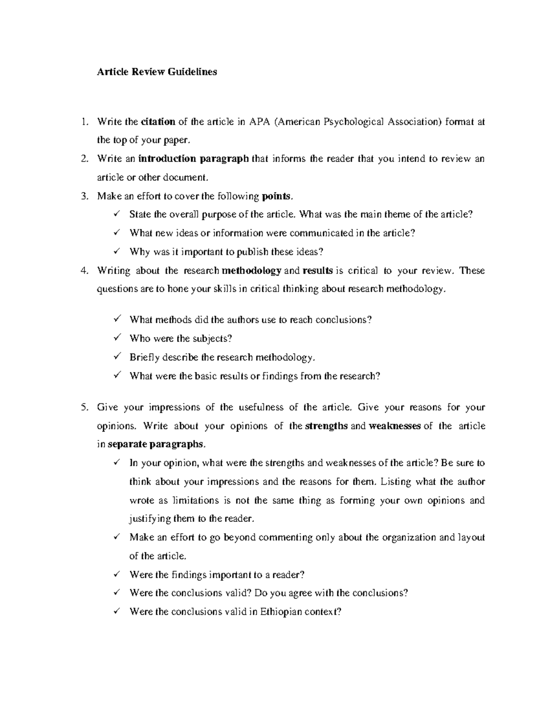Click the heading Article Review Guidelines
pos(157,72)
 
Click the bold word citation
pos(158,122)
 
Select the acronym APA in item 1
pos(259,122)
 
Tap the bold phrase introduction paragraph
pos(193,159)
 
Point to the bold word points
pos(276,197)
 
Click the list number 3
pos(84,197)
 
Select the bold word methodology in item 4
pos(251,271)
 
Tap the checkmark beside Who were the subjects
pos(116,338)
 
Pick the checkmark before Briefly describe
pos(116,357)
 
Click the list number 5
pos(84,408)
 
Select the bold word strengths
pos(326,426)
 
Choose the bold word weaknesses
pos(395,426)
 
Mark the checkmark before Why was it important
pos(116,252)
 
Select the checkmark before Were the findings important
pos(116,574)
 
